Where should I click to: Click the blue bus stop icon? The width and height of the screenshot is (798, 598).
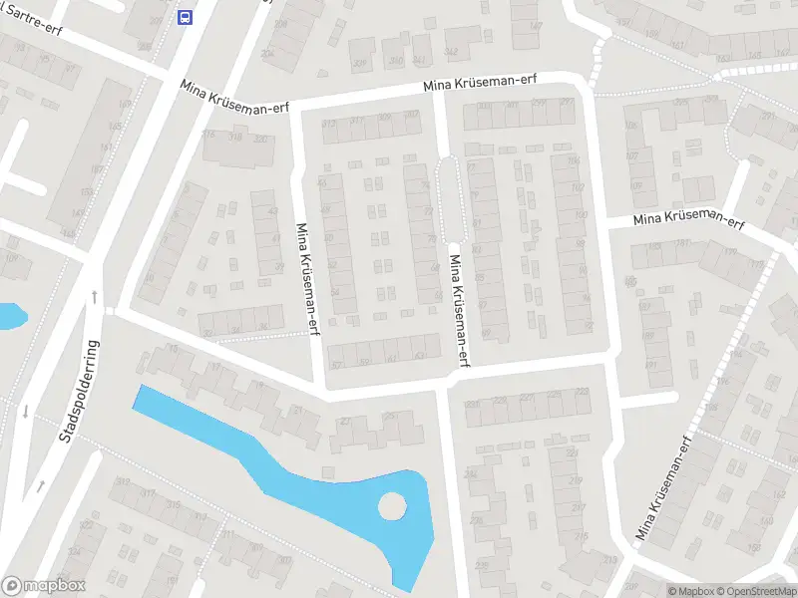coord(185,17)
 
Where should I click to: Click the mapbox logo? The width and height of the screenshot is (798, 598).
coord(44,586)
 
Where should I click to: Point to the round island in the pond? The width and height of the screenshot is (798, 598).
coord(392,506)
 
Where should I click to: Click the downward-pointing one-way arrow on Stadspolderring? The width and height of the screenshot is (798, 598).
coord(25,411)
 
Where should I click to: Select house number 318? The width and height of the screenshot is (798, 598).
coord(235,138)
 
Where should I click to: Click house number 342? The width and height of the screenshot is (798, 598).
coord(451,52)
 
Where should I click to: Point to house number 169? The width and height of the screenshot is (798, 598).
coord(126,105)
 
